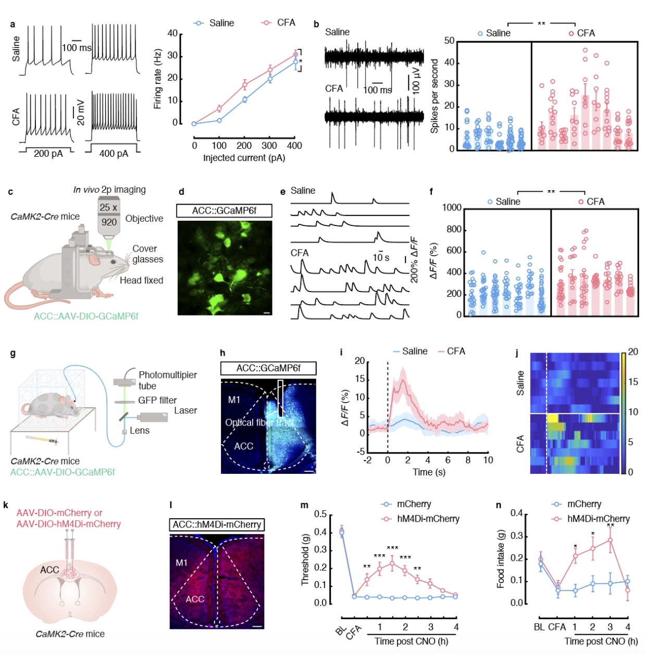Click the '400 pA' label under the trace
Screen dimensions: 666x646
pos(114,154)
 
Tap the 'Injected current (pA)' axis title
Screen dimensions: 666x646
pos(244,158)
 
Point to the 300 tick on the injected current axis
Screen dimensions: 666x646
pos(269,146)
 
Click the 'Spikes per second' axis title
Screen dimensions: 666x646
pos(434,96)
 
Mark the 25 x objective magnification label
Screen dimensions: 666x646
pos(108,207)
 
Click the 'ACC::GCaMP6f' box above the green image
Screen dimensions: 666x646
pos(224,210)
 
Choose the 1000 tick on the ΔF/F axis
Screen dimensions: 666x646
pos(452,208)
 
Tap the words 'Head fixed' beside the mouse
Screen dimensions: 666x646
pos(141,280)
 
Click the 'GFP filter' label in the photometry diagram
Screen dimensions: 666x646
pos(157,400)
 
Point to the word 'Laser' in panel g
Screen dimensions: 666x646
pos(185,410)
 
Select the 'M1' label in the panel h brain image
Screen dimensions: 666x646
pos(234,400)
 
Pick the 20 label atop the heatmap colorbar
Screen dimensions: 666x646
pos(633,351)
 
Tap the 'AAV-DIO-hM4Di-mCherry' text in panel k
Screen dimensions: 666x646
pos(68,524)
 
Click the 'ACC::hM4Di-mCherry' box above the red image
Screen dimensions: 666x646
pos(217,524)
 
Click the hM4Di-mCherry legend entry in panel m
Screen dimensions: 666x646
pos(428,519)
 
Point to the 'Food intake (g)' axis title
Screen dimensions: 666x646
pos(501,559)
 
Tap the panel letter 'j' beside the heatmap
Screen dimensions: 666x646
pos(517,354)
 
